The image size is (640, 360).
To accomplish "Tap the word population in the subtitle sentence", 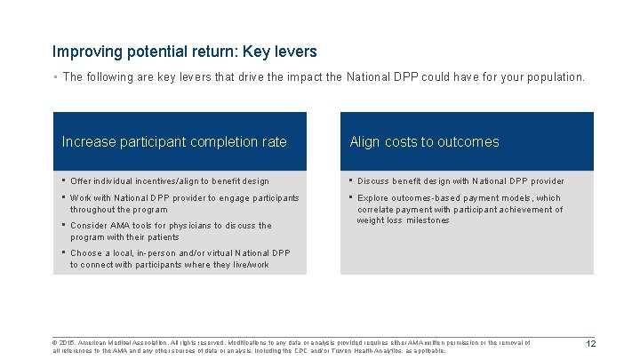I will (555, 77).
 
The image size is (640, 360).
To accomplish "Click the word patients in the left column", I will (161, 237).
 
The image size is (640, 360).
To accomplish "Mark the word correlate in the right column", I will (376, 210).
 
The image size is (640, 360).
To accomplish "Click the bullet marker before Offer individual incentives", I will (65, 181).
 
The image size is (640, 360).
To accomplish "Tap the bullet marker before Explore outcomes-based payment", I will (351, 198).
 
